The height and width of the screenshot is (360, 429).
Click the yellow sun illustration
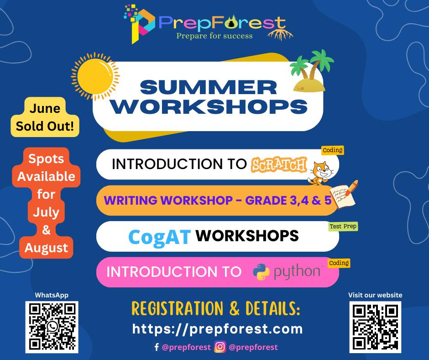[95, 76]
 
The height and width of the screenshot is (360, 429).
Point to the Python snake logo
[261, 272]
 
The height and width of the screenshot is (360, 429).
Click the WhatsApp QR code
[52, 327]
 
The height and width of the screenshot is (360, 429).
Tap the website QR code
[375, 327]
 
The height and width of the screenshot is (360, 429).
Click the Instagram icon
[220, 347]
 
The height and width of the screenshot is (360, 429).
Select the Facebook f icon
[157, 347]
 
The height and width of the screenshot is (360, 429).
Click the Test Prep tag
[343, 227]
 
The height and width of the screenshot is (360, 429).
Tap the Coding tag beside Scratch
[333, 150]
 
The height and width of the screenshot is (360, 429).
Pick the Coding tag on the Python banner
[339, 263]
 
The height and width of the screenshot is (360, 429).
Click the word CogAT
[159, 237]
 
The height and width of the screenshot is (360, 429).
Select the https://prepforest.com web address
[218, 329]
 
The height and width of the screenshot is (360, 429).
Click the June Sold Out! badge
[45, 117]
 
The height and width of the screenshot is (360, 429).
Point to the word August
[46, 248]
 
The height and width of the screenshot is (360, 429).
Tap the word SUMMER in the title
[209, 87]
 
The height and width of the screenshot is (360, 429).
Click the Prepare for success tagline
[214, 36]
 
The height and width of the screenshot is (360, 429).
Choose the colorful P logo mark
[140, 23]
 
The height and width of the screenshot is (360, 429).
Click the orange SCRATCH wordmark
[278, 164]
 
